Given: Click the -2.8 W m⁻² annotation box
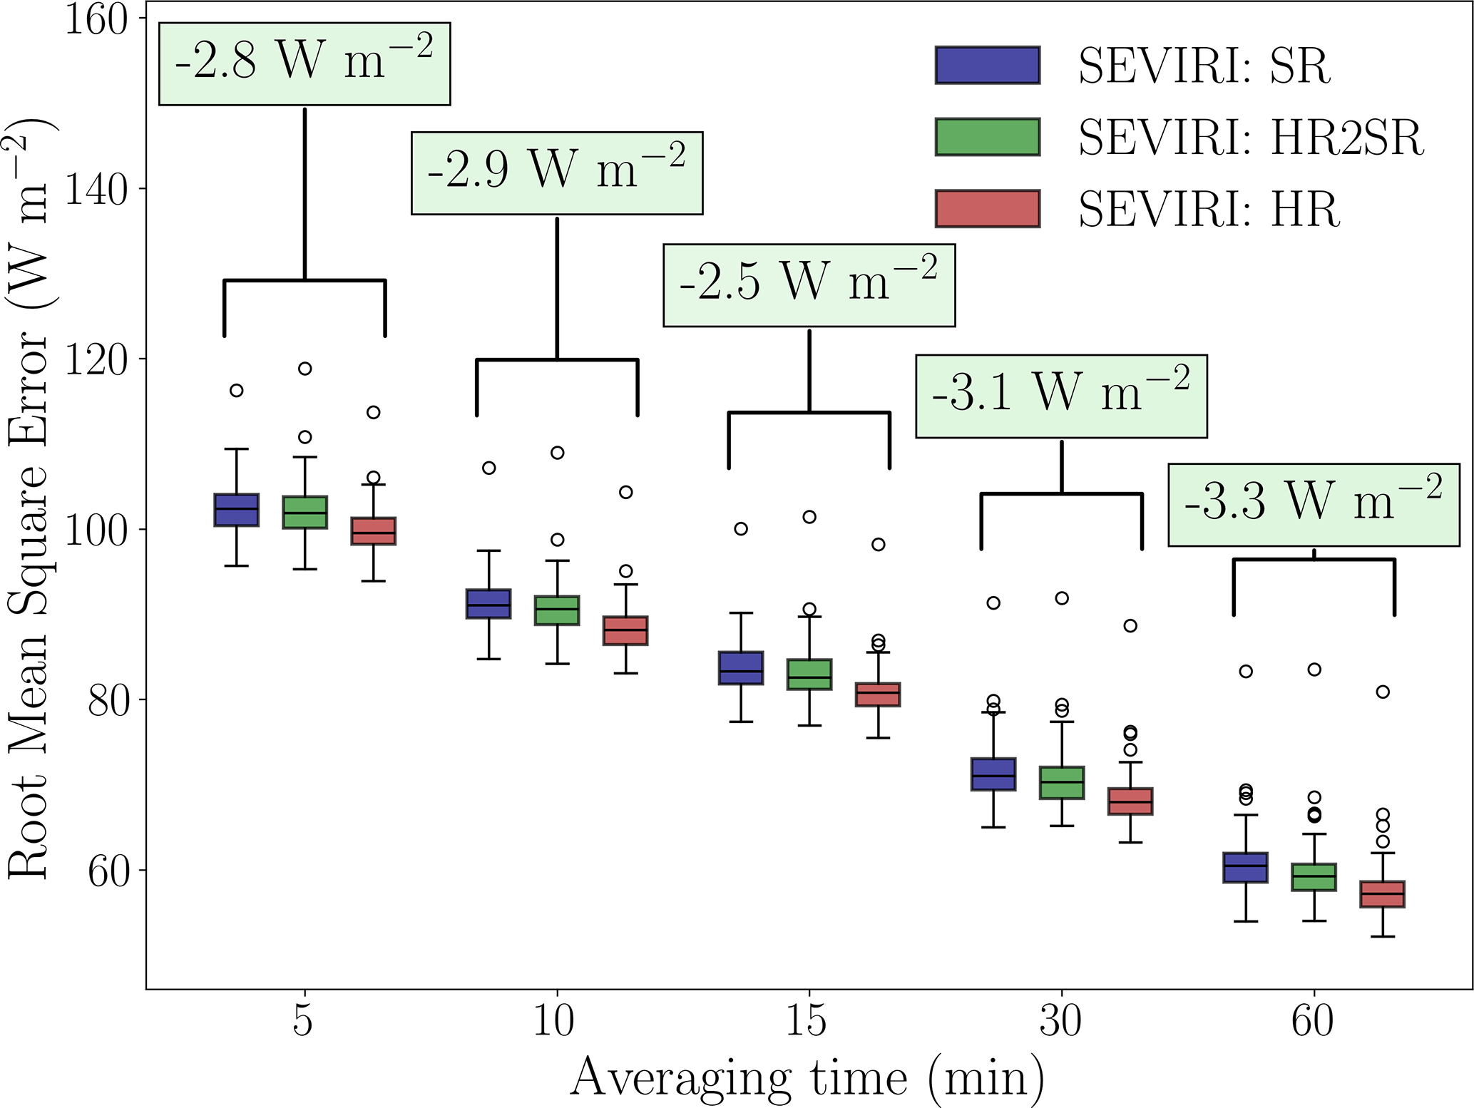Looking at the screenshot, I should [304, 64].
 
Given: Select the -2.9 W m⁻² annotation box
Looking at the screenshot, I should [557, 173].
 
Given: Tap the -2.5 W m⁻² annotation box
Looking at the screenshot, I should [809, 285].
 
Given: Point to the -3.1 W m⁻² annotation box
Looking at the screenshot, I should [1061, 396].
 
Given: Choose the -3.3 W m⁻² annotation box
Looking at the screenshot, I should [1314, 505].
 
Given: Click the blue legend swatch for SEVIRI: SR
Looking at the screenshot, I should [988, 66].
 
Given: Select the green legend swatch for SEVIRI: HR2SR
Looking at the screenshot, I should [988, 137].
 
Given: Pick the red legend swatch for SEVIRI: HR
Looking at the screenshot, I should [988, 209].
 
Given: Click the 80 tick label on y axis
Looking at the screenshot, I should [108, 700].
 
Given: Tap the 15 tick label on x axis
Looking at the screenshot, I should [807, 1020].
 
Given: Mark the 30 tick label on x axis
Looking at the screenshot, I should [1060, 1020].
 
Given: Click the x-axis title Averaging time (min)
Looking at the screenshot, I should [807, 1077].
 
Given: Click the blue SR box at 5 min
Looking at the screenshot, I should [237, 510].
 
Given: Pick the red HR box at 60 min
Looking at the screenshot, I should [1382, 894].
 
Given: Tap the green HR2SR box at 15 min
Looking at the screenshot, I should [809, 674].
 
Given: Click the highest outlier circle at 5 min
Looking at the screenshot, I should [305, 369].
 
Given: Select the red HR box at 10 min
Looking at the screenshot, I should [625, 631].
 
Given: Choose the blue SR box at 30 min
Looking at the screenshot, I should [993, 774].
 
